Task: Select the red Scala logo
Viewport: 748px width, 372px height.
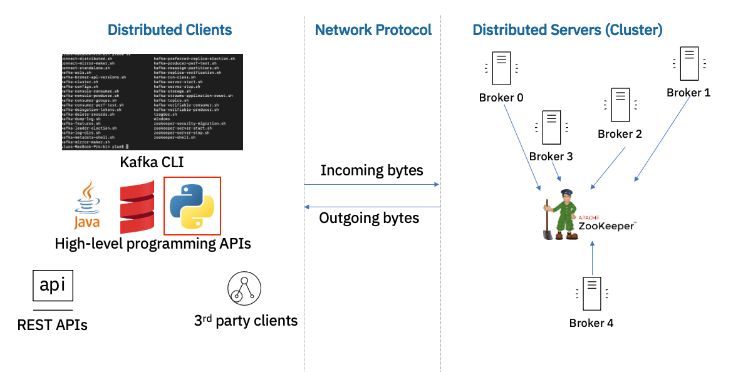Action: coord(137,206)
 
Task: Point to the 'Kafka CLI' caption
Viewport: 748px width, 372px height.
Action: coord(152,163)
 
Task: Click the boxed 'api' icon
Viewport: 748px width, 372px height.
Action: coord(53,286)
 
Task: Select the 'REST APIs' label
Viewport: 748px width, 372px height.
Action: coord(52,324)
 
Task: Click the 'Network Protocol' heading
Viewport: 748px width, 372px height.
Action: coord(373,29)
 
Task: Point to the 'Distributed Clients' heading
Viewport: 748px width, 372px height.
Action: coord(170,29)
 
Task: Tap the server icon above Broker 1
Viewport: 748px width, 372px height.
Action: coord(688,63)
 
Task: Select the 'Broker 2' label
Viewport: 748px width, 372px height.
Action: coord(620,134)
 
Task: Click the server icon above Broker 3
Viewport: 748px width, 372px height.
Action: coord(551,127)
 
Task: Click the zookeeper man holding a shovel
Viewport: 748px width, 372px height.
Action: coord(561,214)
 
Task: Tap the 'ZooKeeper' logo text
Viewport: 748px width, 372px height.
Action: coord(606,225)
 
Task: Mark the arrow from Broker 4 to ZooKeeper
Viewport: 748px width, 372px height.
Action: coord(591,260)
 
